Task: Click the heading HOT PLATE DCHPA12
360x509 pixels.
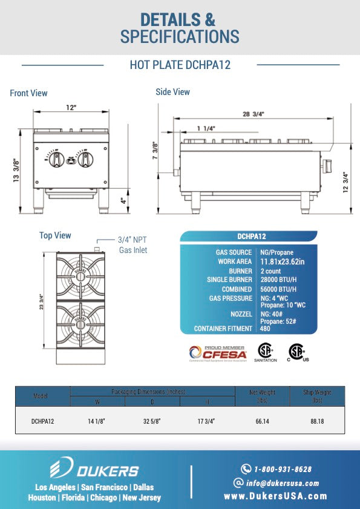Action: (180, 65)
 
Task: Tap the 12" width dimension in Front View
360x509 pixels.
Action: (71, 108)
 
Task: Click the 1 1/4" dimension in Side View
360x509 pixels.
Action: (206, 128)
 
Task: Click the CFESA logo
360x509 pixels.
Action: (216, 352)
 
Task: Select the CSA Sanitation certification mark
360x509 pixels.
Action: (265, 352)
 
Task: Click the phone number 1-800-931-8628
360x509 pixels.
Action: (283, 469)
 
